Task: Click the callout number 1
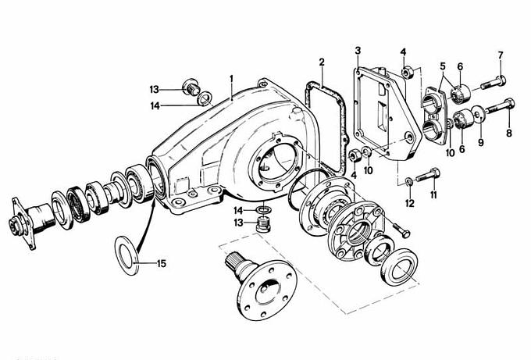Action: click(x=232, y=79)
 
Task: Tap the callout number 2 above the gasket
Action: click(x=322, y=62)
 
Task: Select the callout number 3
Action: click(x=358, y=51)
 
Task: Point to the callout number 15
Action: click(x=162, y=263)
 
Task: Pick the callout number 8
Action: click(x=509, y=134)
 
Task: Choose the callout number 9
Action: click(x=481, y=143)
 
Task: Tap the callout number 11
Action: click(x=433, y=195)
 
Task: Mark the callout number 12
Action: click(x=410, y=203)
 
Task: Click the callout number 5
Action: click(x=443, y=66)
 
